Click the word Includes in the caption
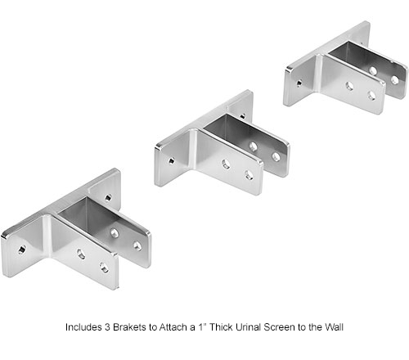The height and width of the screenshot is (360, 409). tap(86, 327)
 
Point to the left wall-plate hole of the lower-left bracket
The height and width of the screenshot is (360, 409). tap(21, 249)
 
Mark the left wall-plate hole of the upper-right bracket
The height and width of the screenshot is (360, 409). tap(299, 83)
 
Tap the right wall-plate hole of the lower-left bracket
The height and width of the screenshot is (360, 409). tap(109, 196)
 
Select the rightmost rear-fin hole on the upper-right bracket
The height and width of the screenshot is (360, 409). tap(394, 79)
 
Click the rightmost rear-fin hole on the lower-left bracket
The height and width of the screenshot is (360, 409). tap(137, 245)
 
